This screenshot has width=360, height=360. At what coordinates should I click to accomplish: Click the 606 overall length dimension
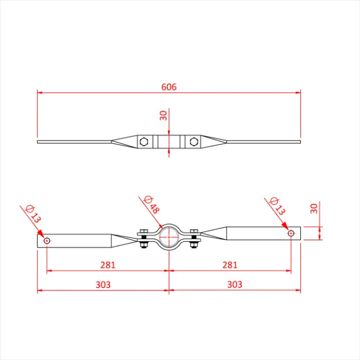pyautogui.click(x=169, y=87)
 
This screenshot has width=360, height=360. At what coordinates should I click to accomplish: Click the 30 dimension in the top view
pyautogui.click(x=163, y=115)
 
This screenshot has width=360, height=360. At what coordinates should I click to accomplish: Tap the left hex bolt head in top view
pyautogui.click(x=145, y=141)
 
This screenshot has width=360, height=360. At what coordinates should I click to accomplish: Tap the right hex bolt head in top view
pyautogui.click(x=193, y=141)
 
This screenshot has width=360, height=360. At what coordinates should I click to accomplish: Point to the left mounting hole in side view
pyautogui.click(x=47, y=241)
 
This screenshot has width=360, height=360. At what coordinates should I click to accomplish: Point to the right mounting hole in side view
pyautogui.click(x=291, y=232)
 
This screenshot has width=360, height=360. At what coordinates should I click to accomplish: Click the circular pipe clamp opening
pyautogui.click(x=169, y=237)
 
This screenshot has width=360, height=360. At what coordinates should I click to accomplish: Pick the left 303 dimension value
pyautogui.click(x=102, y=285)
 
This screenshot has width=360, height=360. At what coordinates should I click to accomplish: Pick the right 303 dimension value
pyautogui.click(x=235, y=285)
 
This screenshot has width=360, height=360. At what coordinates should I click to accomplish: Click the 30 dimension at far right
pyautogui.click(x=314, y=209)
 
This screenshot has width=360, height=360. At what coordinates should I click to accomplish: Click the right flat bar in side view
pyautogui.click(x=259, y=232)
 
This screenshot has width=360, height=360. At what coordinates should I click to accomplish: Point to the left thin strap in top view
pyautogui.click(x=73, y=141)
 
